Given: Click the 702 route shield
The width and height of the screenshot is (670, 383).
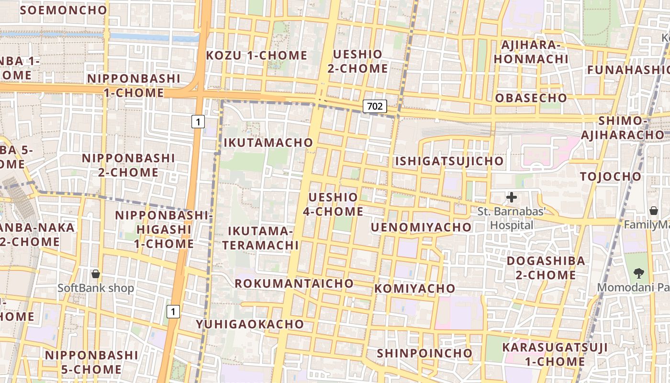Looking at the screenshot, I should point(374,106).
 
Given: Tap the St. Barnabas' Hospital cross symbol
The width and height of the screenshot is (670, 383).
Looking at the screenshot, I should point(512,197).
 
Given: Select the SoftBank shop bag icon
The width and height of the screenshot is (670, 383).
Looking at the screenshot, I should point(96,274).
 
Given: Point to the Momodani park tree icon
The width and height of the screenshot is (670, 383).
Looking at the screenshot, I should point(638,273).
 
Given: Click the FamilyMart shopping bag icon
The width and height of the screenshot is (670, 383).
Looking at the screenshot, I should point(653,211).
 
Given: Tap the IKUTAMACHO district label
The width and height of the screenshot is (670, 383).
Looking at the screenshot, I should point(268,143).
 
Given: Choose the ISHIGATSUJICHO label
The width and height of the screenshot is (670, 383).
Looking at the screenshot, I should point(449,161).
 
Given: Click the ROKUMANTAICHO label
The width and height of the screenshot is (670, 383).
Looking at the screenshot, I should point(294,283).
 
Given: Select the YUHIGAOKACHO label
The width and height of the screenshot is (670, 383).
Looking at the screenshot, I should point(250,324).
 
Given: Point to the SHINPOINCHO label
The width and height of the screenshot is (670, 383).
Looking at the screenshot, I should point(424,353).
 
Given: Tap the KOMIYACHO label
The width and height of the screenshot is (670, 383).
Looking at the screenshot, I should point(414,289).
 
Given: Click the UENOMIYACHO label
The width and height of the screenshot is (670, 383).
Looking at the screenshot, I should point(421,227).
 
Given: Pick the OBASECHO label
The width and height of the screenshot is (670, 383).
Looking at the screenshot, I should point(531,98).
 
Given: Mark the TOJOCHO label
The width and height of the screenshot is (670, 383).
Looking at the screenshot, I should point(610,177).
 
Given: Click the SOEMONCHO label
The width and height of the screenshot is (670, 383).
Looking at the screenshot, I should point(64,10).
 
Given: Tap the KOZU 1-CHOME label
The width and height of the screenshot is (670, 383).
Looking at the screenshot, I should point(257,56).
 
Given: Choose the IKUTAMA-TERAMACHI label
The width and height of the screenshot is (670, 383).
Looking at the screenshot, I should point(263,238).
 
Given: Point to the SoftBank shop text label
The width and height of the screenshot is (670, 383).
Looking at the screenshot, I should point(96,288).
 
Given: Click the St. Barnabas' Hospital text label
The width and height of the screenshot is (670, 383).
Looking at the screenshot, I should point(512,218).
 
